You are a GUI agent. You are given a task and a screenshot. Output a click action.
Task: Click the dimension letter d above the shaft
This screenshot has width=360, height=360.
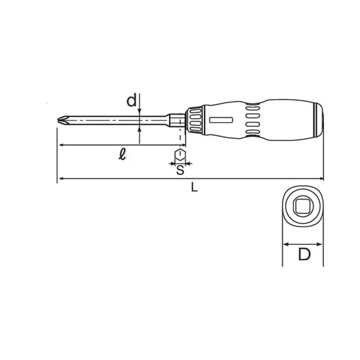131,101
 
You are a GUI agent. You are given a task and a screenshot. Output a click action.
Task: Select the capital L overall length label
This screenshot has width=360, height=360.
193,187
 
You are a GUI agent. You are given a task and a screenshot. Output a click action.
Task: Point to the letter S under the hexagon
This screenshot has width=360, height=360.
179,170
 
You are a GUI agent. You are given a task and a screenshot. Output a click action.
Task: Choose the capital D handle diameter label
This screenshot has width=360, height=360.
304,256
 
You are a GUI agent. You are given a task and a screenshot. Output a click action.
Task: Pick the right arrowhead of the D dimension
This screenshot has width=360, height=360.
321,244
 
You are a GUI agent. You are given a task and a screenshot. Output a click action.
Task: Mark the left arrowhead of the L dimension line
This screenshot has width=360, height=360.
61,179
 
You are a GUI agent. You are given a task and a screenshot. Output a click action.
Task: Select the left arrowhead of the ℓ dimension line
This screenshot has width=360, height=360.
61,146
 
